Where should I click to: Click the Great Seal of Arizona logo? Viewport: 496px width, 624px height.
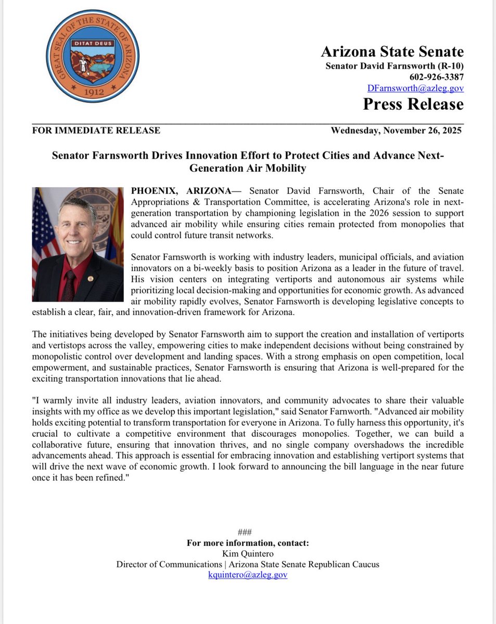click(92, 56)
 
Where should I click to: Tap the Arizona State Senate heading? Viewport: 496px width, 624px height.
click(392, 51)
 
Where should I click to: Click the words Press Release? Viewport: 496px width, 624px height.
click(413, 104)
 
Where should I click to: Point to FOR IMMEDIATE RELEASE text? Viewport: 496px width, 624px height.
click(96, 131)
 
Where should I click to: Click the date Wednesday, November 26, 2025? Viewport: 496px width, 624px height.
click(396, 131)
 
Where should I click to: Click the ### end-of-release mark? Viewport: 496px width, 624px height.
click(245, 532)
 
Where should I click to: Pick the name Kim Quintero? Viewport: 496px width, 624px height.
click(248, 554)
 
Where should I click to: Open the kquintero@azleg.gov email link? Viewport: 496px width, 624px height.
click(248, 575)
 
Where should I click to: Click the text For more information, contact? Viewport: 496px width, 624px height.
click(248, 543)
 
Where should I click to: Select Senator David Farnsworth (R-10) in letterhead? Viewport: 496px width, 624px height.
click(394, 66)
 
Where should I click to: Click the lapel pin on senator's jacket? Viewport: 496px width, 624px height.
click(91, 279)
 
